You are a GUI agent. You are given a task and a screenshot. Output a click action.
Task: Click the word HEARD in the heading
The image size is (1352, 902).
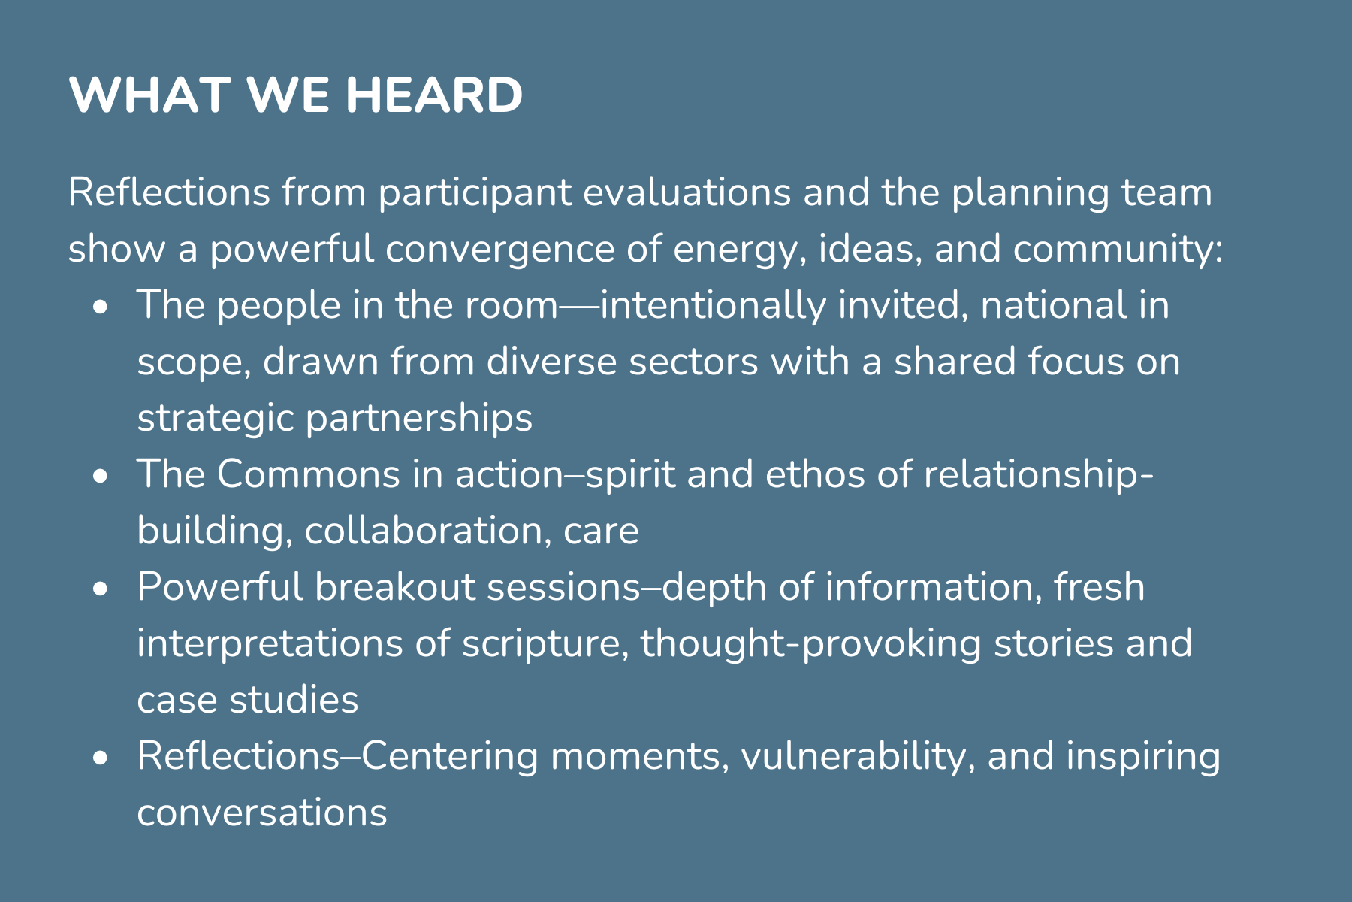click(x=434, y=95)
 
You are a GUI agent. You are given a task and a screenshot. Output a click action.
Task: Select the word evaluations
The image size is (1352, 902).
click(x=687, y=192)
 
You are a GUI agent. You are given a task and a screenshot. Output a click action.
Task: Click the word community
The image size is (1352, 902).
click(x=1118, y=250)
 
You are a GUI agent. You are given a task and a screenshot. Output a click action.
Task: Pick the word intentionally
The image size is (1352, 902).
click(x=712, y=305)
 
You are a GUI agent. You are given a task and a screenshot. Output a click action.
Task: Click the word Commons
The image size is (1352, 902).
click(x=309, y=474)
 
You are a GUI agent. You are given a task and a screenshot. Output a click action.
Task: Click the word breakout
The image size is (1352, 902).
click(x=395, y=586)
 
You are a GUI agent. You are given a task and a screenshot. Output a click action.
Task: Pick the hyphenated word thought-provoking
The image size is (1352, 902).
click(x=810, y=644)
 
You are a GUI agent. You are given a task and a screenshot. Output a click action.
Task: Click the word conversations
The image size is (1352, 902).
click(x=262, y=813)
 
